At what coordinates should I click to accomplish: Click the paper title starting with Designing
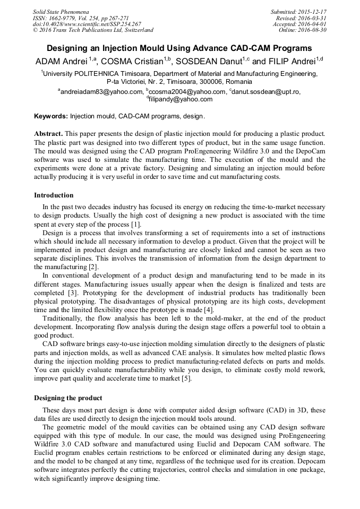pyautogui.click(x=179, y=48)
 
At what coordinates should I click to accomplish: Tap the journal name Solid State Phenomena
pyautogui.click(x=61, y=12)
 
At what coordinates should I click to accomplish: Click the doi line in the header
pyautogui.click(x=87, y=24)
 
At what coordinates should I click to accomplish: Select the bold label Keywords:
pyautogui.click(x=51, y=116)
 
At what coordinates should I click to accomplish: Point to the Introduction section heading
pyautogui.click(x=54, y=195)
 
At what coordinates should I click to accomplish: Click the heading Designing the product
pyautogui.click(x=68, y=398)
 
